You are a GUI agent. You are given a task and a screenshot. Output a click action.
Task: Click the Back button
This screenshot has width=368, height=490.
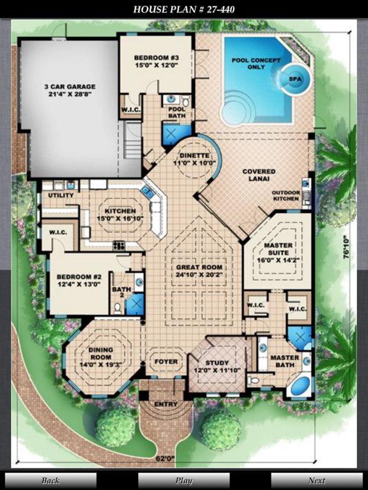coord(50,480)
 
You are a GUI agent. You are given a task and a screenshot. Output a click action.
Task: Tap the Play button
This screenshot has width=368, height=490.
coord(184,480)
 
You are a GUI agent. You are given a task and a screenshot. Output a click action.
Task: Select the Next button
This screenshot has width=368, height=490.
coord(317,480)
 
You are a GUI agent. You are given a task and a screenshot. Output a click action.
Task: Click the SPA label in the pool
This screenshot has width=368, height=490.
coord(295,79)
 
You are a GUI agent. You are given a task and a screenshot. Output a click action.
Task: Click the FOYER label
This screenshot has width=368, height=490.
coord(166,362)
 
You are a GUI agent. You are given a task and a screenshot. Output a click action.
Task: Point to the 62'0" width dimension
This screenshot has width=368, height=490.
coord(165,459)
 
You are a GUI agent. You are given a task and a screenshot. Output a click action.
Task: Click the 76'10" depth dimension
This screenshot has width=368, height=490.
coord(346,247)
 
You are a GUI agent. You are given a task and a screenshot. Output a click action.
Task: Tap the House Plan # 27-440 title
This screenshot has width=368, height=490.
coord(184,10)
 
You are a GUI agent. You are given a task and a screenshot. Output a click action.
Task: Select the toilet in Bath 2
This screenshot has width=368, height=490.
coord(118,308)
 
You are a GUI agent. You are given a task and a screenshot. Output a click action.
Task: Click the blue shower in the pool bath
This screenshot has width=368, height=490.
coord(172,135)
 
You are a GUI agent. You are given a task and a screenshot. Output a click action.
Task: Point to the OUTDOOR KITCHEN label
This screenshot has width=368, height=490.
coord(286,196)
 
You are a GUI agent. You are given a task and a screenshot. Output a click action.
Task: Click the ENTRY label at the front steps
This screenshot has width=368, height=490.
coord(166,404)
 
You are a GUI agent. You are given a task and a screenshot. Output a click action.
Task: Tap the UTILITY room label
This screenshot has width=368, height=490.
coord(61,195)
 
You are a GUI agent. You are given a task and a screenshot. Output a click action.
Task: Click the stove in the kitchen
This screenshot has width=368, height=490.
coord(119,246)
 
